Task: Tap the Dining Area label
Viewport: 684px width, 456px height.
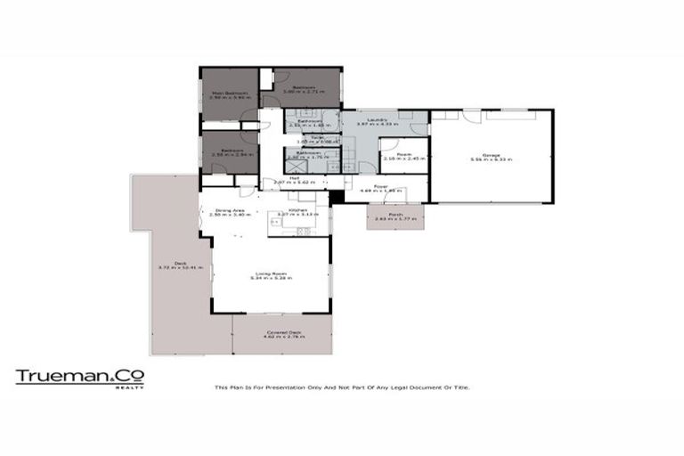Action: [x=224, y=210]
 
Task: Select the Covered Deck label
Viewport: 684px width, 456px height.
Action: [x=282, y=332]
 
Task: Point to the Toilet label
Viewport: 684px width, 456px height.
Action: [x=304, y=137]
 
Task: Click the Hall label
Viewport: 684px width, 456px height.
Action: [x=280, y=178]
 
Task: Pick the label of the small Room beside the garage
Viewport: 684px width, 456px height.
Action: [x=403, y=153]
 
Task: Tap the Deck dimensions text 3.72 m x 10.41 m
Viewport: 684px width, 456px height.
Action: [x=182, y=267]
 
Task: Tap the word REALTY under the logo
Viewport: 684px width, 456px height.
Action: [x=131, y=387]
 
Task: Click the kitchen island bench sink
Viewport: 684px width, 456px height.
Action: [x=303, y=231]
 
